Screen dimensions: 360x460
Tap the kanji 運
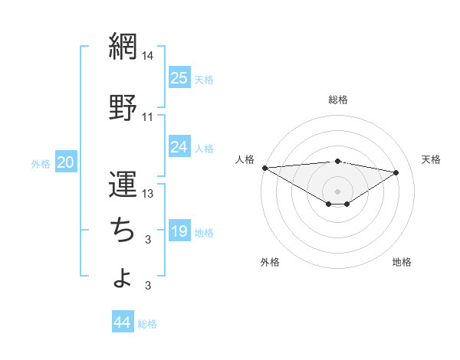tap(123, 184)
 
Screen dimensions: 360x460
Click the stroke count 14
tap(148, 56)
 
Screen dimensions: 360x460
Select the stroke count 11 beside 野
tap(148, 117)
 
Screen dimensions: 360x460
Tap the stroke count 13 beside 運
tap(148, 194)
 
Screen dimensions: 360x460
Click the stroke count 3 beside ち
tap(148, 240)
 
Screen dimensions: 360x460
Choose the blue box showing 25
tap(179, 77)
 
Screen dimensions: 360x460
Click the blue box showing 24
tap(179, 146)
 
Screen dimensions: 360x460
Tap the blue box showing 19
tap(179, 231)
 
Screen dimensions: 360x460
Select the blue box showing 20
tap(66, 162)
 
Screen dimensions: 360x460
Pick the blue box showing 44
tap(123, 322)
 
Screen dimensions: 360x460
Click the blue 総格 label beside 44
tap(147, 324)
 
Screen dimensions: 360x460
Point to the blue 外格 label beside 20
tap(41, 163)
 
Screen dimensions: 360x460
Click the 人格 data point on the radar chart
tap(264, 168)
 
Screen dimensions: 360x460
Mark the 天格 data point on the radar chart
tap(396, 172)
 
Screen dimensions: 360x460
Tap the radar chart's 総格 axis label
tap(338, 100)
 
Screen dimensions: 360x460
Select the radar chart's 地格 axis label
tap(402, 262)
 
